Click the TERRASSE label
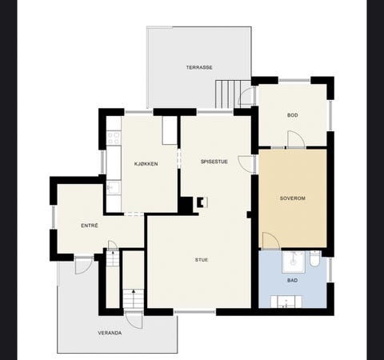(x=199, y=67)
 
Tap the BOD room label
(x=293, y=115)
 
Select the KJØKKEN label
(x=146, y=164)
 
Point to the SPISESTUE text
(x=214, y=162)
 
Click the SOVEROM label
(x=293, y=198)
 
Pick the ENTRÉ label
(x=90, y=226)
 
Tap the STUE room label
(x=202, y=260)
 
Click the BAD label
(x=293, y=280)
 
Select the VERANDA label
(x=110, y=333)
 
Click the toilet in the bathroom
(x=315, y=258)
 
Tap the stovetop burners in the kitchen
(x=114, y=138)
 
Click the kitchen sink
(x=114, y=188)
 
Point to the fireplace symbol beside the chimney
(x=202, y=202)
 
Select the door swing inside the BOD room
(x=296, y=139)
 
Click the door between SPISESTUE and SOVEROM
(x=246, y=163)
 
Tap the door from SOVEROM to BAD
(x=271, y=241)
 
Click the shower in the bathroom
(x=294, y=262)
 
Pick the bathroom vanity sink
(x=286, y=302)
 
